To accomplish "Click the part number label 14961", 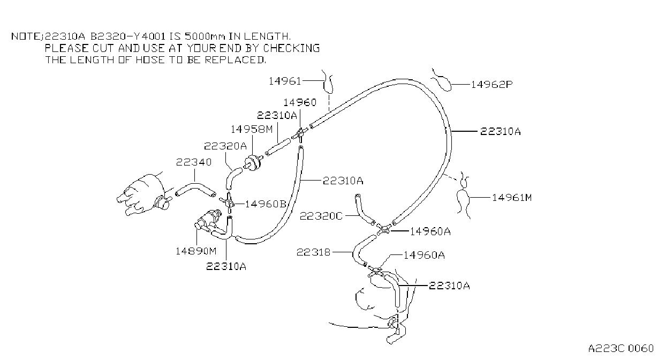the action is coord(285,81).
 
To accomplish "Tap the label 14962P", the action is coord(491,85).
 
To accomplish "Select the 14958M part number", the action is coord(252,129).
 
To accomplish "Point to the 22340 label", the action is coord(194,162).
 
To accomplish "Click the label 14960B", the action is coord(266,204).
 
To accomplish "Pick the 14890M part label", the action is coord(196,251).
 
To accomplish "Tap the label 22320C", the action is coord(321,216).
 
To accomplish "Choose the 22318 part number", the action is coord(313,252).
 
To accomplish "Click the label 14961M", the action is coord(512,198).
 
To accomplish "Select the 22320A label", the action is coord(225,146).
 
